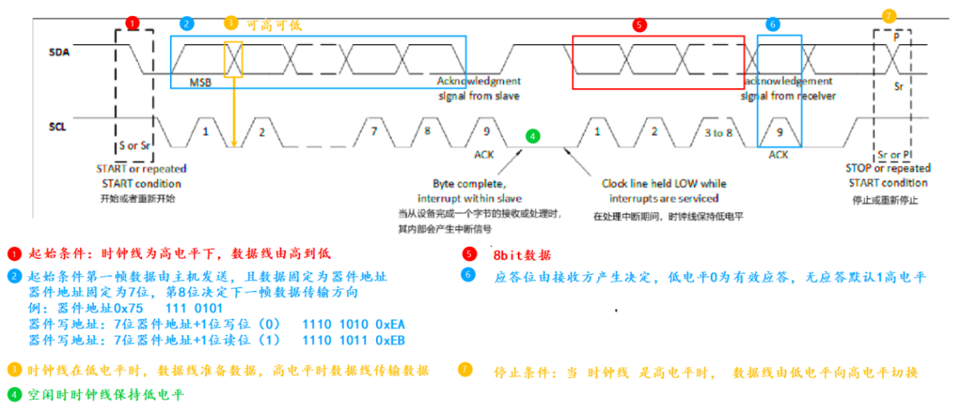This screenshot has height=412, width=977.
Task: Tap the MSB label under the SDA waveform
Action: click(200, 83)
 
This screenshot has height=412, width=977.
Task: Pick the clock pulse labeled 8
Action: click(427, 130)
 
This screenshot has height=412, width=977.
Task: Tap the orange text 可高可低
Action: click(274, 25)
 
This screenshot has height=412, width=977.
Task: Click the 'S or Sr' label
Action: click(134, 147)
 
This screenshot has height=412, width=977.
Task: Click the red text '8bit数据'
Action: click(522, 255)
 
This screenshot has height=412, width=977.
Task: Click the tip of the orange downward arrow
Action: click(233, 146)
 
